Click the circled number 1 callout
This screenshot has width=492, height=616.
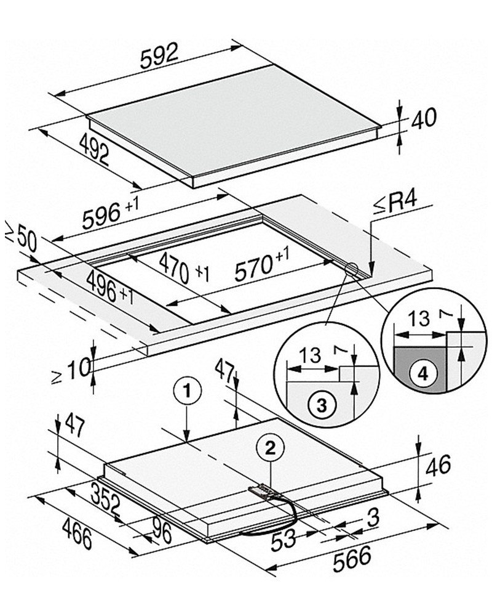click(187, 391)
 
